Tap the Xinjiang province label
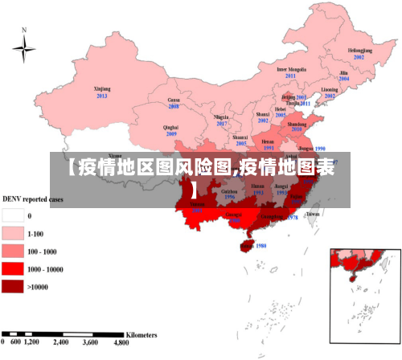pos(102,88)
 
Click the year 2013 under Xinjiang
pos(102,96)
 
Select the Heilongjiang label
pos(359,50)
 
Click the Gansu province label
pos(173,100)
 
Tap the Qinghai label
pos(170,127)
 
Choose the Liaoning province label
pos(330,89)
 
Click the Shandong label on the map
pos(297,125)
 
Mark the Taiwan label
pos(313,215)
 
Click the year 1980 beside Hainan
pos(260,246)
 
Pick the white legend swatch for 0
pos(13,215)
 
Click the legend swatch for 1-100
pos(13,233)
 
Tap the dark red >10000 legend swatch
pos(13,286)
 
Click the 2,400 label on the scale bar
pos(60,342)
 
